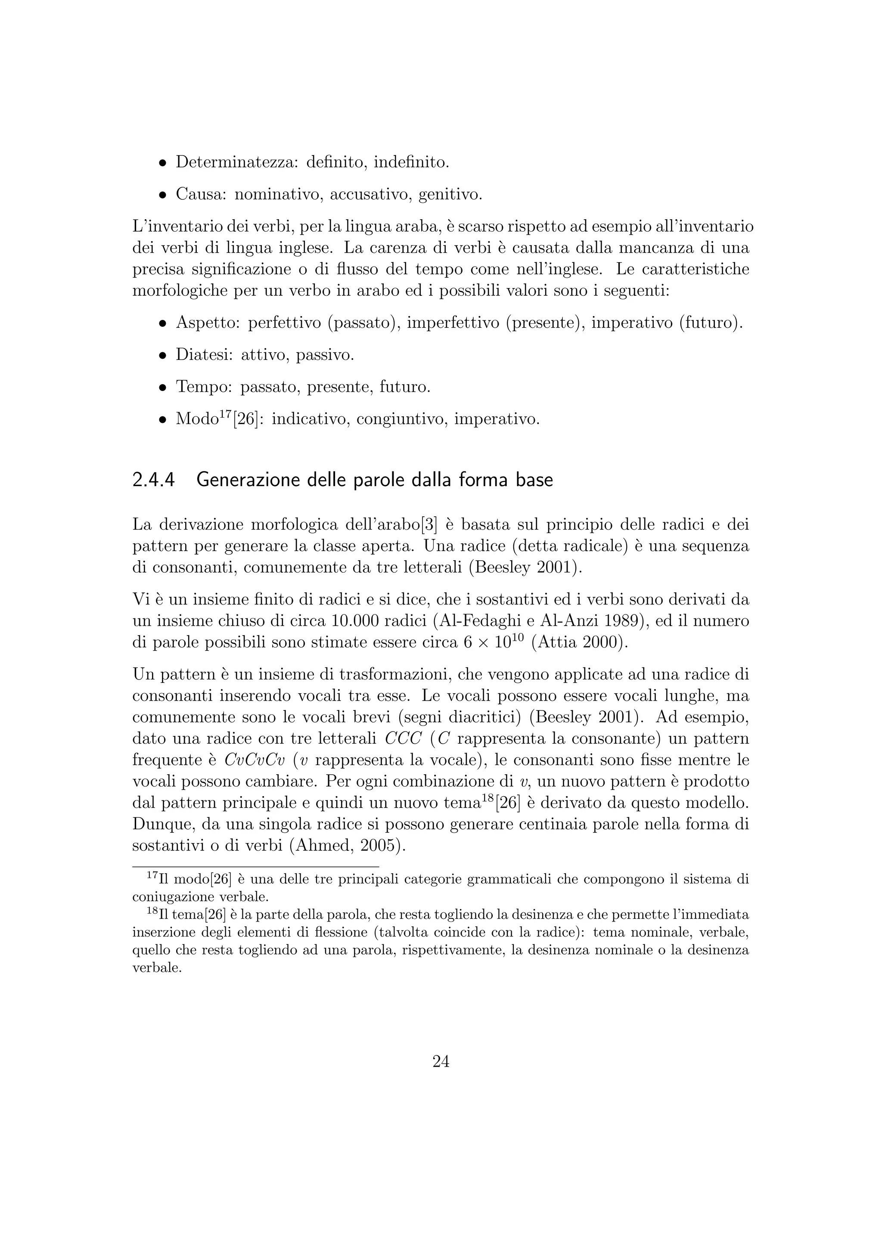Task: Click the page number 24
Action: (x=441, y=1061)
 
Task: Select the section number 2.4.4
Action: (x=154, y=480)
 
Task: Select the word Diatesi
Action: (x=204, y=355)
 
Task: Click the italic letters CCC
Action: (x=403, y=738)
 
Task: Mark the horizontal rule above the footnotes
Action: (x=255, y=867)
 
